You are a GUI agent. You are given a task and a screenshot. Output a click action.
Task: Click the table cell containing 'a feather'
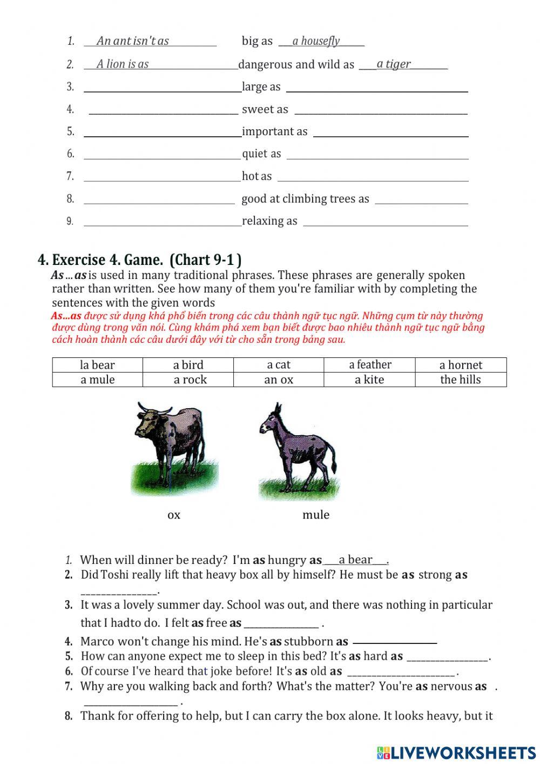click(x=369, y=365)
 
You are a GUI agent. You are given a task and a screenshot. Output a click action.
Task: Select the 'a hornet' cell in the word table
click(x=461, y=365)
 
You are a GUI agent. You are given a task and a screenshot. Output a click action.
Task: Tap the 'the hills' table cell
click(x=461, y=380)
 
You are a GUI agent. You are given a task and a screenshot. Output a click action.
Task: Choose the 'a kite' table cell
click(x=369, y=380)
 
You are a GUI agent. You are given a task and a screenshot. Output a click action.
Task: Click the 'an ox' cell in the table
click(x=279, y=380)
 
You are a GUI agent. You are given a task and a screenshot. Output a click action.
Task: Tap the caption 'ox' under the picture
click(x=174, y=515)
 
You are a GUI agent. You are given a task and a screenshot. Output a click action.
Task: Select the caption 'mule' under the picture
click(x=316, y=515)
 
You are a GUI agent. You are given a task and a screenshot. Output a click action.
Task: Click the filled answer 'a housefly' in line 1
click(x=316, y=41)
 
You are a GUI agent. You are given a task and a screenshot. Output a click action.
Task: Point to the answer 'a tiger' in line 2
click(x=394, y=64)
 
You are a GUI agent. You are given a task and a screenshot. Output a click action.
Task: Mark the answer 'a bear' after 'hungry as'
click(x=355, y=560)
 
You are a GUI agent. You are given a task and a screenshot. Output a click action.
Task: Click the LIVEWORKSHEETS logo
click(x=456, y=753)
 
